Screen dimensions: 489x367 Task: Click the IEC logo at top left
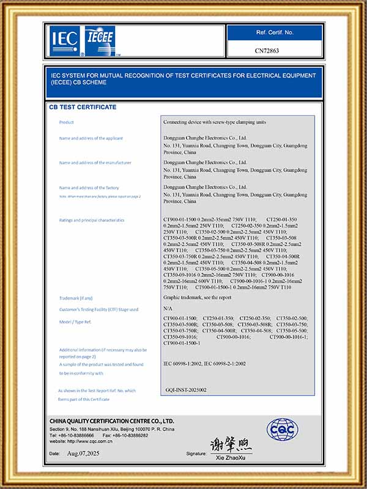64,39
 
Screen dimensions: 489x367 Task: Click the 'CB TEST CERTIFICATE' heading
83,107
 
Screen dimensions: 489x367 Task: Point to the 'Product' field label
66,122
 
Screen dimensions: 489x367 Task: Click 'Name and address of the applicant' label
91,138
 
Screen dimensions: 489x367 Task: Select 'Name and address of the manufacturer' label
95,163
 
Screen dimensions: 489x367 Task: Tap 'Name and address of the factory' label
89,188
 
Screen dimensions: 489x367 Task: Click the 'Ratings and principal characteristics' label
91,220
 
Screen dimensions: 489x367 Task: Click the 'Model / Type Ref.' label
75,320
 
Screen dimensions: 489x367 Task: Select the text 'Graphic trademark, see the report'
197,297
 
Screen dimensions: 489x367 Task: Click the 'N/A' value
169,309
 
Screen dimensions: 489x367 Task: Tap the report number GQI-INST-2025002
186,389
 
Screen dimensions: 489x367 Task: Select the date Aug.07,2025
83,454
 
